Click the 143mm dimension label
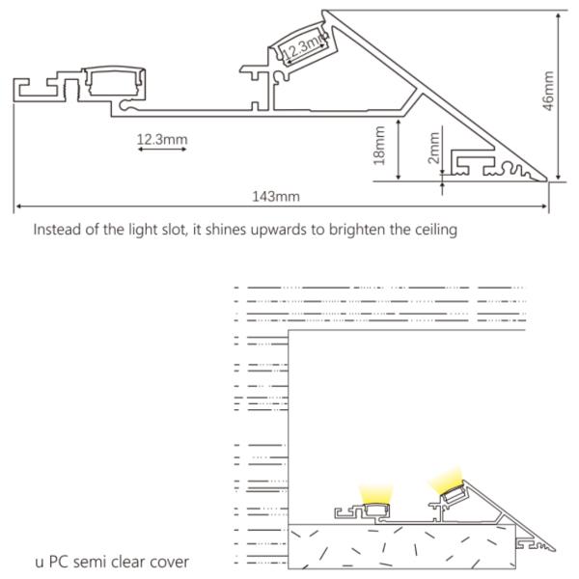(276, 196)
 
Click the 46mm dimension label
(549, 91)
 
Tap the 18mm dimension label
(379, 146)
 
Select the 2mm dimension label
(434, 148)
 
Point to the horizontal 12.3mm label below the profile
(162, 140)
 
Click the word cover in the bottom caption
(170, 562)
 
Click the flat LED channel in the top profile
(113, 83)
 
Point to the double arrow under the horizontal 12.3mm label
(162, 150)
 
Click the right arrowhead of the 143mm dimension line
(544, 207)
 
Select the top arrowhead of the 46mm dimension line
(559, 16)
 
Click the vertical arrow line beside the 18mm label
(398, 150)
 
